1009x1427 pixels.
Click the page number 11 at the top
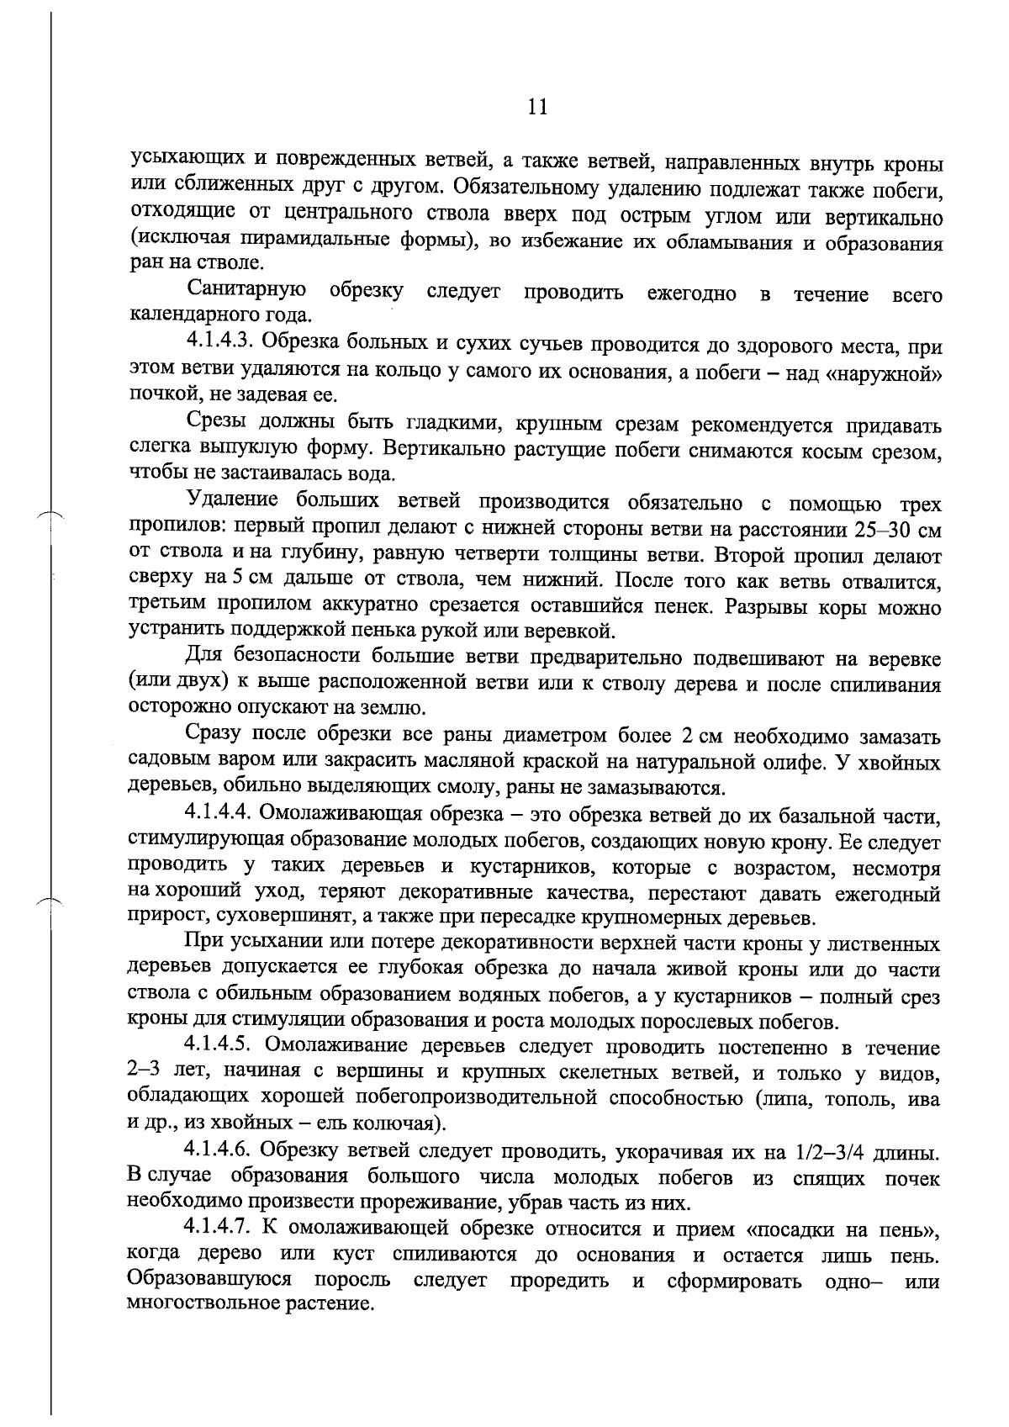[x=536, y=107]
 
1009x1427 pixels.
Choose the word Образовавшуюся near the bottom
[x=209, y=1282]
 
